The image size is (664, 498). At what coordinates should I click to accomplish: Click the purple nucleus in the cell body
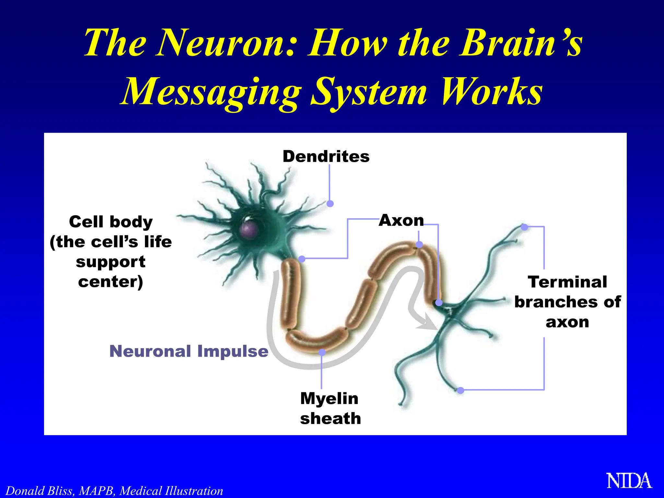(249, 229)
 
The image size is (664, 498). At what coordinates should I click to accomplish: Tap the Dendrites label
(326, 157)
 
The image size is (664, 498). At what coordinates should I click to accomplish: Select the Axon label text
(401, 220)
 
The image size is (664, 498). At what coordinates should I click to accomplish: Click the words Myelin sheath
(330, 408)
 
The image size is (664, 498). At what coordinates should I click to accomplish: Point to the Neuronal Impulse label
(189, 351)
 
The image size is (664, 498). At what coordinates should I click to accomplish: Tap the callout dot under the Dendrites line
(330, 204)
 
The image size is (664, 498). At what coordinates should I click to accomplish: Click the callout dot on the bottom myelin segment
(322, 352)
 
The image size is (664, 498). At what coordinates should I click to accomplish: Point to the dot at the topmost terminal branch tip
(524, 227)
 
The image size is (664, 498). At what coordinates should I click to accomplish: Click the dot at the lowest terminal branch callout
(460, 390)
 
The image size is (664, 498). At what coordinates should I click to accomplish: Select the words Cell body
(111, 222)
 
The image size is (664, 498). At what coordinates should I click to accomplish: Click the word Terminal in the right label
(567, 282)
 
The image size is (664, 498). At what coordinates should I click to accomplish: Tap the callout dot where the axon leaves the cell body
(302, 259)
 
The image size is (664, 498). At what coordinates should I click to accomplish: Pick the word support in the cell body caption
(111, 262)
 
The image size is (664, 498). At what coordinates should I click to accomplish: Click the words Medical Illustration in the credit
(171, 491)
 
